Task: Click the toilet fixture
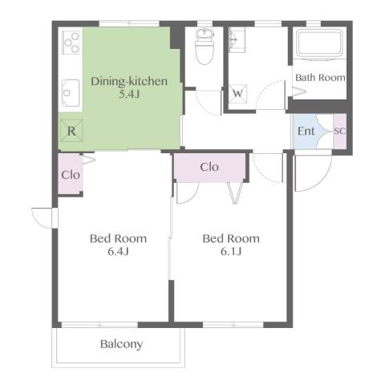[205, 47]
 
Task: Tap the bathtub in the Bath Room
[320, 43]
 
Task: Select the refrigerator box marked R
[71, 131]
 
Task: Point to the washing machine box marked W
[238, 94]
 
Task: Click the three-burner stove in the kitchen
[71, 43]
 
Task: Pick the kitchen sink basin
[71, 92]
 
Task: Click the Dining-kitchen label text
[129, 81]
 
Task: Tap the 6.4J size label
[119, 251]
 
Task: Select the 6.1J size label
[231, 251]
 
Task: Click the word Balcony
[121, 344]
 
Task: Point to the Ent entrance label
[306, 131]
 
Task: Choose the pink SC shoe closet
[340, 131]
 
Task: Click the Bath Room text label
[320, 78]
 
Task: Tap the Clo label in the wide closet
[209, 167]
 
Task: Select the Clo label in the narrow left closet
[71, 175]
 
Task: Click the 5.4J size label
[129, 94]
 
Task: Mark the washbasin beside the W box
[237, 40]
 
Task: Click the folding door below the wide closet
[235, 193]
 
